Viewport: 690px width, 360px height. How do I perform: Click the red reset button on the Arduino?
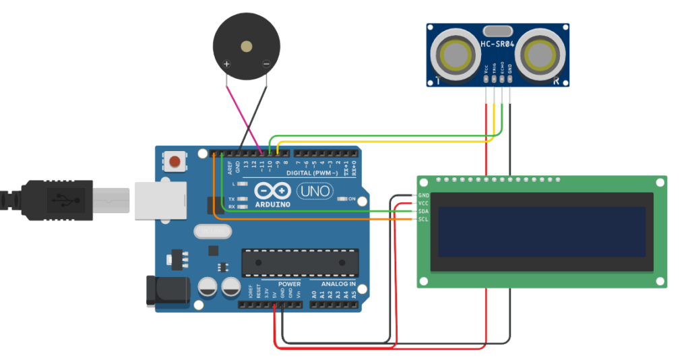175,162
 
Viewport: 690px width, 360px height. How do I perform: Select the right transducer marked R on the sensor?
543,54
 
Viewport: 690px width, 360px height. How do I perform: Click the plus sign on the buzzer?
227,65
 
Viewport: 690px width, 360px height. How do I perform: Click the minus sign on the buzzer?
266,65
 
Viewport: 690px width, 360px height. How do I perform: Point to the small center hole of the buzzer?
247,47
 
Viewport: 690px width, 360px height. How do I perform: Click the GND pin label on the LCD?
423,195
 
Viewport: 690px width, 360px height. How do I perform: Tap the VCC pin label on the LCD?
423,203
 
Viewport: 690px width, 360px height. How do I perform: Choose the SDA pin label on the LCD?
423,211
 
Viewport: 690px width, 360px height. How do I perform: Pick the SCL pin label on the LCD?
423,219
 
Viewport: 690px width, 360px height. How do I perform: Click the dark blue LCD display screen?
542,231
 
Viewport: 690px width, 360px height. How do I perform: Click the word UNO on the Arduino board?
315,192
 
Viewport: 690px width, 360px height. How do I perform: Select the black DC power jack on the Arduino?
164,291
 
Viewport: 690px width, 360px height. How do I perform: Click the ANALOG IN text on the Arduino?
338,284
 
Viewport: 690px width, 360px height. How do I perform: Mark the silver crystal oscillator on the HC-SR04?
499,30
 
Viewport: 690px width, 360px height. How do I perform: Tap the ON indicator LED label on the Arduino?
351,199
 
